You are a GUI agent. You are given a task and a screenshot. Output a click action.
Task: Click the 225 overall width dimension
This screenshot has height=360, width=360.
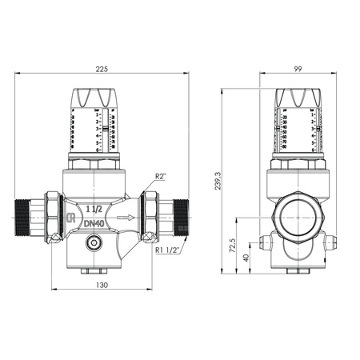(102, 68)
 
